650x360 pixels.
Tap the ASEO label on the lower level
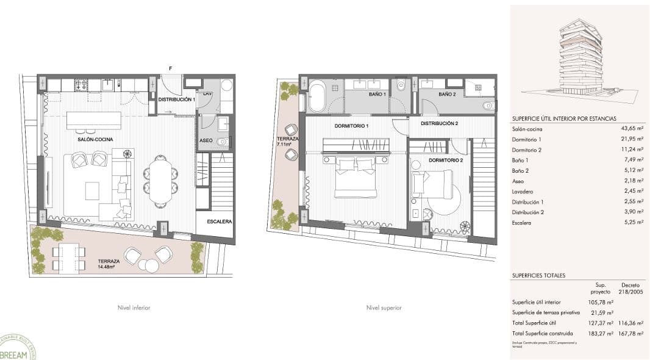[206, 141]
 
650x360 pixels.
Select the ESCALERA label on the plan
[219, 221]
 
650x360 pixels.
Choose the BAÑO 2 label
[447, 95]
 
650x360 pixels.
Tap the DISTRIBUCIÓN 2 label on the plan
[439, 123]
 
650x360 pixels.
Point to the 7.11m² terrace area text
[287, 145]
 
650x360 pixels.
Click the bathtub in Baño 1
[318, 98]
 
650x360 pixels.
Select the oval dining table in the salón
[161, 181]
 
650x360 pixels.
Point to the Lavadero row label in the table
[524, 192]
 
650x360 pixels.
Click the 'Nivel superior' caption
[384, 308]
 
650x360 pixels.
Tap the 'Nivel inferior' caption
[134, 308]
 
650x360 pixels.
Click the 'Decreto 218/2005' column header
[630, 288]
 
